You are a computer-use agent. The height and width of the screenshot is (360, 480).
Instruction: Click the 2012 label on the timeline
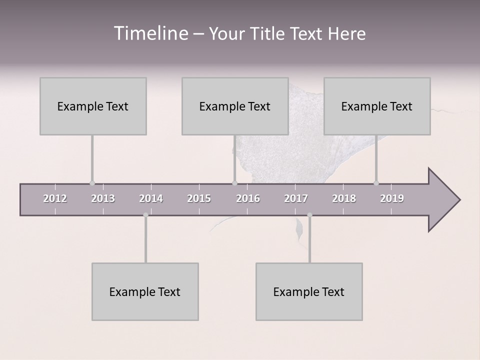click(x=55, y=198)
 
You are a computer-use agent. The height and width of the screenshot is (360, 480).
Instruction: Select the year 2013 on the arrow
click(x=103, y=198)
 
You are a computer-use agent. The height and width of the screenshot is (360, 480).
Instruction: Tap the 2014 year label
click(x=151, y=198)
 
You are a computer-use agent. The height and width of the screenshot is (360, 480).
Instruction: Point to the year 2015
click(x=199, y=198)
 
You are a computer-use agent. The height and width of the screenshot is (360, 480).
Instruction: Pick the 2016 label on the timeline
click(x=248, y=198)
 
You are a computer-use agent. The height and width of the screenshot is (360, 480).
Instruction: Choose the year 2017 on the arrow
click(x=296, y=198)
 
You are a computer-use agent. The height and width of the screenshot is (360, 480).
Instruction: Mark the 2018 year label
click(x=344, y=198)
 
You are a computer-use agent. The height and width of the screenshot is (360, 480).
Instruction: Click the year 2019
click(x=392, y=198)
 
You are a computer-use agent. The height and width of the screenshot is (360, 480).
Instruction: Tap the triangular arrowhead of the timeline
click(x=443, y=200)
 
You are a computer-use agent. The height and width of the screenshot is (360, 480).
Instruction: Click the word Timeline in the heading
click(x=150, y=33)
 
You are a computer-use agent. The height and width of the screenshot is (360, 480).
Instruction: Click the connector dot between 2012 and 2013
click(x=92, y=183)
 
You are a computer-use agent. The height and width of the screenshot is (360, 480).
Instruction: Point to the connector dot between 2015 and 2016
click(x=234, y=183)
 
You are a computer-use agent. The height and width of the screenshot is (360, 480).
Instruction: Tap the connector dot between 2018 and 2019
click(x=376, y=183)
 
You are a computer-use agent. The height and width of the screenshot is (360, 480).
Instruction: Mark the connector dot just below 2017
click(x=309, y=215)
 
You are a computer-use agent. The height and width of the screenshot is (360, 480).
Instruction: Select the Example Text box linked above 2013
click(x=93, y=106)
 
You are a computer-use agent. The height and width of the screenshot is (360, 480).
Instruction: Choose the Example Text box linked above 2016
click(x=235, y=106)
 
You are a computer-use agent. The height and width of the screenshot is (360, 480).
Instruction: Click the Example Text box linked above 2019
click(x=377, y=106)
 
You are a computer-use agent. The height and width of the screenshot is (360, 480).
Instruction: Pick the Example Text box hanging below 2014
click(x=145, y=291)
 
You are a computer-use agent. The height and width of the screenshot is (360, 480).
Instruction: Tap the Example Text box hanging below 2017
click(x=309, y=291)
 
